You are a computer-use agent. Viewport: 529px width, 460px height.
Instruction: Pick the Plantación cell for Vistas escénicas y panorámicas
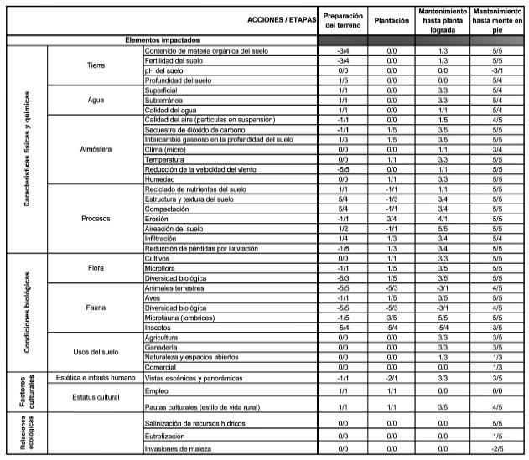coord(391,378)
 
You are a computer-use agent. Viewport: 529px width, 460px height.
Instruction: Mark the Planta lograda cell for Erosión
coord(441,218)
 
